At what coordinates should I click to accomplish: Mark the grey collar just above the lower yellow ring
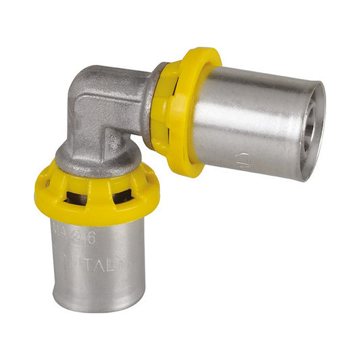95,157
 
